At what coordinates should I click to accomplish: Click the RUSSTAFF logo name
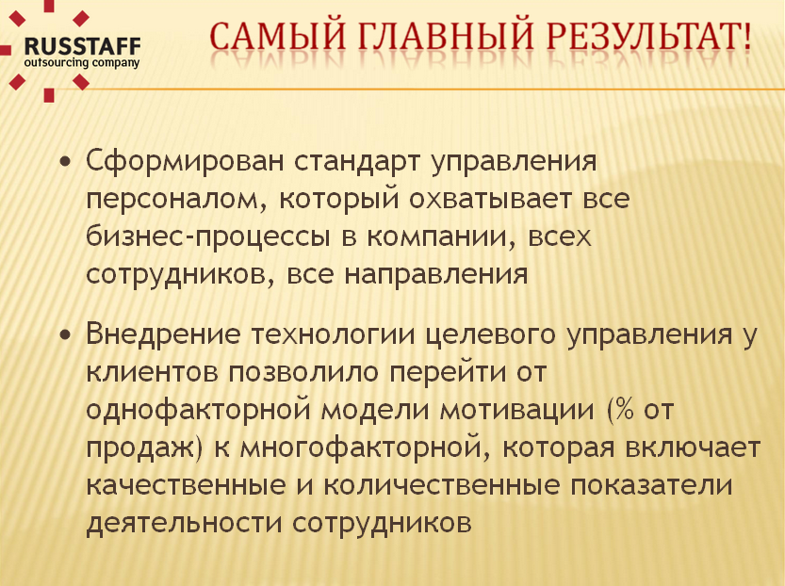coord(83,47)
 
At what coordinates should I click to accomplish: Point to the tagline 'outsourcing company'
coord(82,63)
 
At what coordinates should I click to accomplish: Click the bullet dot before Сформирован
coord(65,162)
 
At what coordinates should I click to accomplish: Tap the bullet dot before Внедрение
coord(65,334)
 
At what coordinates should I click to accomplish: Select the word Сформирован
coord(185,161)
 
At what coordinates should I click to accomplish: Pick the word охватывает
coord(490,199)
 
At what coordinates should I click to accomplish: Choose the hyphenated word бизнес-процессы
coord(207,236)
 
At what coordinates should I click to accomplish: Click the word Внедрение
coord(163,334)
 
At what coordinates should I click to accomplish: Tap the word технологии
coord(333,334)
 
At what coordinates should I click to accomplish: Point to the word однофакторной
coord(197,410)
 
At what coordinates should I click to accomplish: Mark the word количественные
coord(441,485)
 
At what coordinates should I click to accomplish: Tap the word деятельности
coord(184,523)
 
